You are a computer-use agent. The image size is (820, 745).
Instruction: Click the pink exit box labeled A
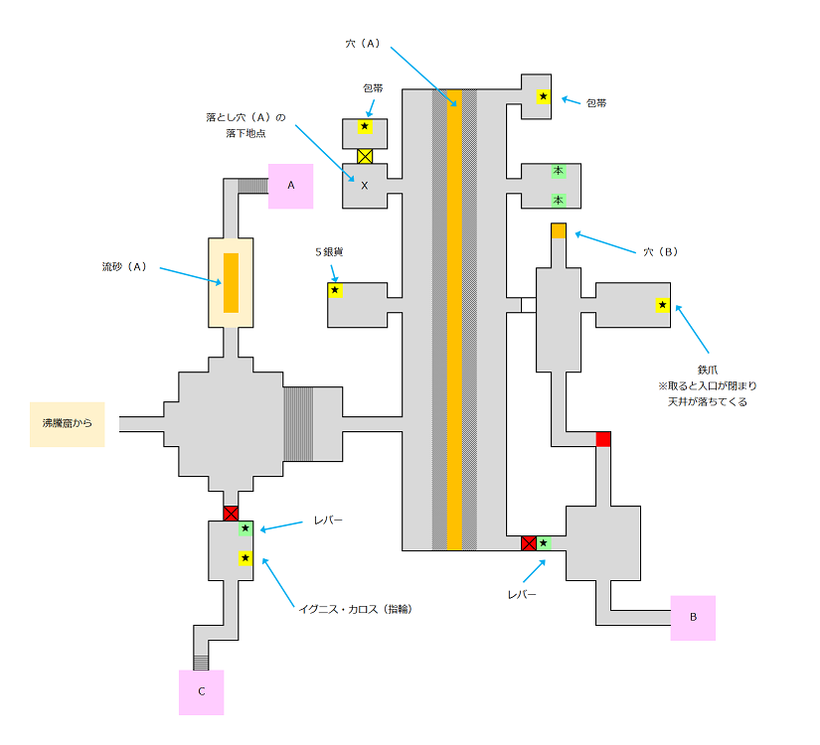coord(291,186)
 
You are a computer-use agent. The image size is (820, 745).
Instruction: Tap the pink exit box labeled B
coord(693,618)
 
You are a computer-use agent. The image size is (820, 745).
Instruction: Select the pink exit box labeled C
coord(202,692)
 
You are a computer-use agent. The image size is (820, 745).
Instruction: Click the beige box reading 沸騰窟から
coord(67,424)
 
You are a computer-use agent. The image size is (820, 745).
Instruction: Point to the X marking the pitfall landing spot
coord(365,186)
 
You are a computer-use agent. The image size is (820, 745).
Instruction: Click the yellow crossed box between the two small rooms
coord(365,156)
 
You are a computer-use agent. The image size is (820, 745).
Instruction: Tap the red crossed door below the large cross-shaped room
coord(231,514)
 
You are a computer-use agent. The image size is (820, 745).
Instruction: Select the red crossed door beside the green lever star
coord(529,543)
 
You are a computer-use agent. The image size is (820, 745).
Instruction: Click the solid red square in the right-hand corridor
coord(603,439)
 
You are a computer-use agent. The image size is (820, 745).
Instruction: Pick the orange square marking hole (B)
coord(559,230)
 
